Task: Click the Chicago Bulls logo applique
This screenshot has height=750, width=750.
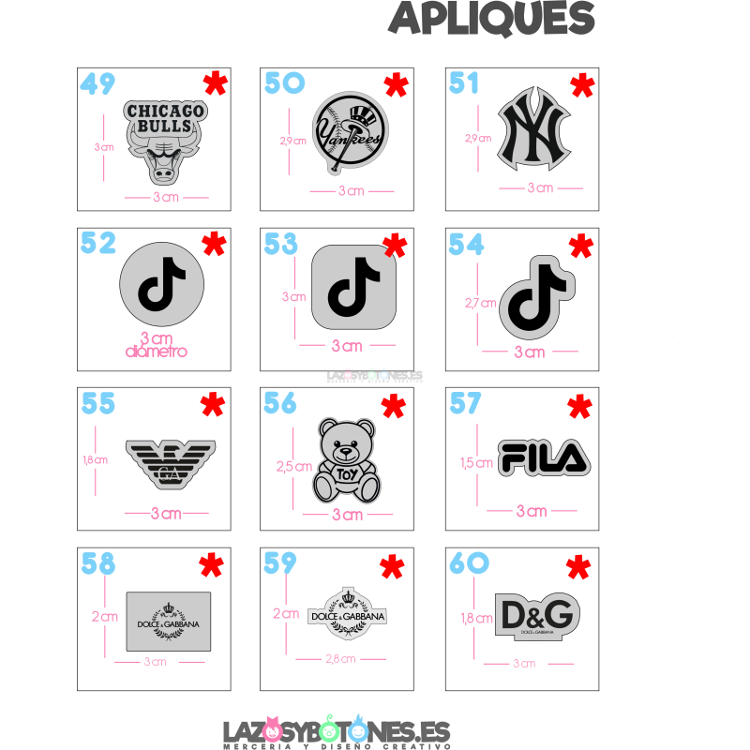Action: tap(165, 141)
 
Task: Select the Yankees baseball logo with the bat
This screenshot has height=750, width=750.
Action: tap(349, 134)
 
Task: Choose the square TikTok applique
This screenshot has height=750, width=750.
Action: tap(353, 287)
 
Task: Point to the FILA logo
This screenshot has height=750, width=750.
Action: tap(544, 457)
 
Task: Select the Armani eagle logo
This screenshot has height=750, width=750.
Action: tap(170, 462)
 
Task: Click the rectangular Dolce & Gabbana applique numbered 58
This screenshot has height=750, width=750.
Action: tap(168, 621)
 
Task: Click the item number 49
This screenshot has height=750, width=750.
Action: tap(97, 84)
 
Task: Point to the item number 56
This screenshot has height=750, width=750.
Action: tap(280, 403)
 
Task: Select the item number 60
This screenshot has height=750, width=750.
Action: tap(469, 562)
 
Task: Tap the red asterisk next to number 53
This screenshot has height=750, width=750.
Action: tap(395, 246)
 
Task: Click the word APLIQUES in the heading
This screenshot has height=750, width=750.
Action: tap(491, 16)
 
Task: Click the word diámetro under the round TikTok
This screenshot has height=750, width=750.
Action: tap(156, 352)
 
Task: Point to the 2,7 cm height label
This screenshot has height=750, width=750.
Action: tap(481, 303)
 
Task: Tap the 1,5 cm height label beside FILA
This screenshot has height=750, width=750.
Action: tap(477, 462)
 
